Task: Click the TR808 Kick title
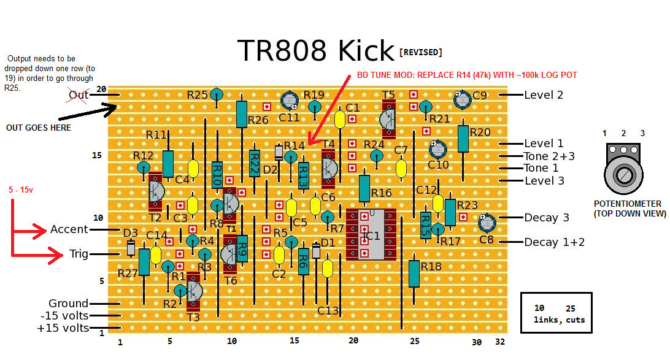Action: pyautogui.click(x=315, y=51)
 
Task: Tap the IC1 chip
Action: pyautogui.click(x=371, y=234)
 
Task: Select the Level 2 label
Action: pyautogui.click(x=544, y=95)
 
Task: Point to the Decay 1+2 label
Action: pyautogui.click(x=554, y=242)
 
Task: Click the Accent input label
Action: pyautogui.click(x=69, y=229)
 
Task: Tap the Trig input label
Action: pyautogui.click(x=78, y=254)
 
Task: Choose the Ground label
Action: pyautogui.click(x=68, y=304)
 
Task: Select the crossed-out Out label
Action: pyautogui.click(x=79, y=95)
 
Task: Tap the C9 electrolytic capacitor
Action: pyautogui.click(x=462, y=98)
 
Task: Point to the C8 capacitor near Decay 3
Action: pyautogui.click(x=487, y=222)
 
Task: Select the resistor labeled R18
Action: pyautogui.click(x=414, y=273)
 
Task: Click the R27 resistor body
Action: pyautogui.click(x=144, y=262)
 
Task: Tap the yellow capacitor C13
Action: pyautogui.click(x=328, y=269)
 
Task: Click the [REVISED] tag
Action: pyautogui.click(x=420, y=52)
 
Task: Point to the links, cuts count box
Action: pyautogui.click(x=556, y=313)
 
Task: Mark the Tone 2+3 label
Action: pyautogui.click(x=549, y=156)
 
